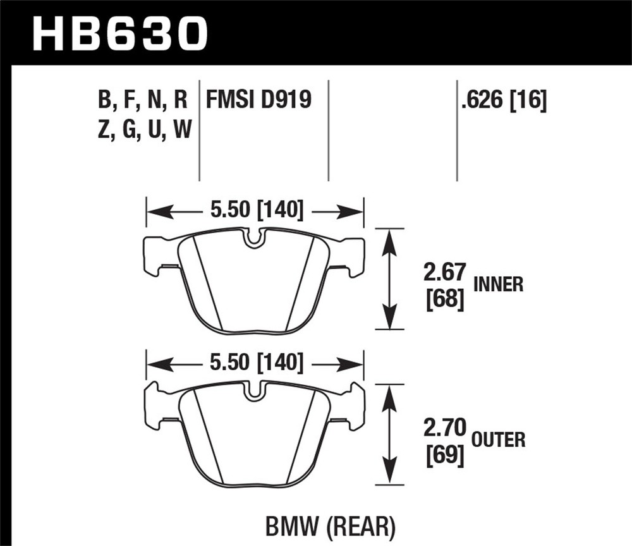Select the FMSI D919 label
[258, 99]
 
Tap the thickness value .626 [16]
[504, 99]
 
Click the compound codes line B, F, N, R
[142, 99]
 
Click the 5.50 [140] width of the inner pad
[256, 209]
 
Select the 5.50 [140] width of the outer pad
[256, 364]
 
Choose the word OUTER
[497, 439]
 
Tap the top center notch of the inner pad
[255, 238]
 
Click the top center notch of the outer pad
[255, 391]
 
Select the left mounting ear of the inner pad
[155, 255]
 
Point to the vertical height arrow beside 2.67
[389, 278]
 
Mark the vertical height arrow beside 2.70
[389, 434]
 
